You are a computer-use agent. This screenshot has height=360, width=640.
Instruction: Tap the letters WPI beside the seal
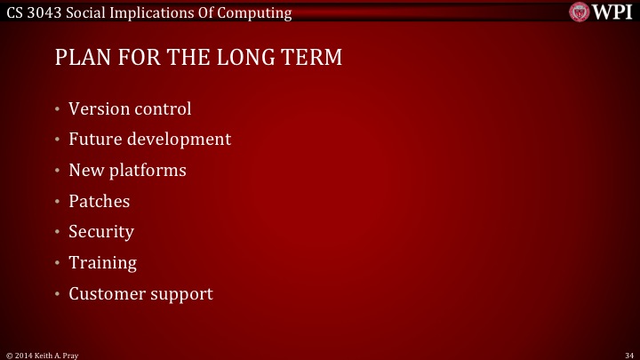[x=613, y=12]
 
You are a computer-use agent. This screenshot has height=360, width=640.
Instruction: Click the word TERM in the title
[x=310, y=59]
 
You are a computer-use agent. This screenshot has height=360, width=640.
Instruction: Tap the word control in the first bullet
[x=163, y=109]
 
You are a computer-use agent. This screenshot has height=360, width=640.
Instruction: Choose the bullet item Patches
[x=99, y=201]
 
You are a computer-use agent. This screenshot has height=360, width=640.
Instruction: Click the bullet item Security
[x=101, y=232]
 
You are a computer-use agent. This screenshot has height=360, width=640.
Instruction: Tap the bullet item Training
[x=102, y=263]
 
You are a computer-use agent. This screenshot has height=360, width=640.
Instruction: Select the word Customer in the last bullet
[x=106, y=293]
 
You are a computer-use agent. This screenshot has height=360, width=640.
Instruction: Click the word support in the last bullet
[x=181, y=294]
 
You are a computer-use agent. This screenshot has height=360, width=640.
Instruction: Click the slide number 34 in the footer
[x=628, y=354]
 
